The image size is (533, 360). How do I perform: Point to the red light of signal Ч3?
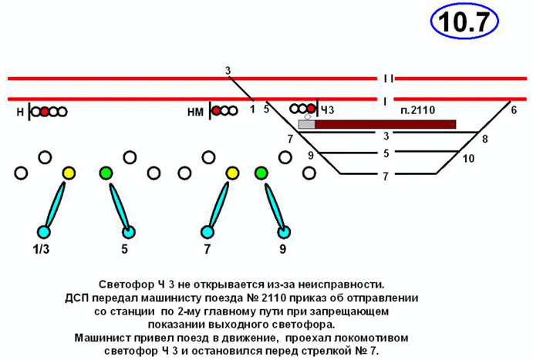click(312, 109)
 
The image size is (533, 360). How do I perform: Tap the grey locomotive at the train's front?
click(306, 123)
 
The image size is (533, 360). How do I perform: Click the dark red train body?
click(385, 123)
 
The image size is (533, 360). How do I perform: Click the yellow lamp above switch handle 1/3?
click(69, 173)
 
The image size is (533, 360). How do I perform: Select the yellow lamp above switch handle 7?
click(231, 173)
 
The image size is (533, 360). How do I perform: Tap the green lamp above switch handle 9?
click(261, 173)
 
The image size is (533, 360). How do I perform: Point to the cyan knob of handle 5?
click(128, 231)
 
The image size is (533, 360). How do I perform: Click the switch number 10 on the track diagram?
click(467, 160)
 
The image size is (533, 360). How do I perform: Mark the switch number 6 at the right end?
click(513, 110)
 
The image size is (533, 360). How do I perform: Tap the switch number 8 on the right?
click(484, 140)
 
